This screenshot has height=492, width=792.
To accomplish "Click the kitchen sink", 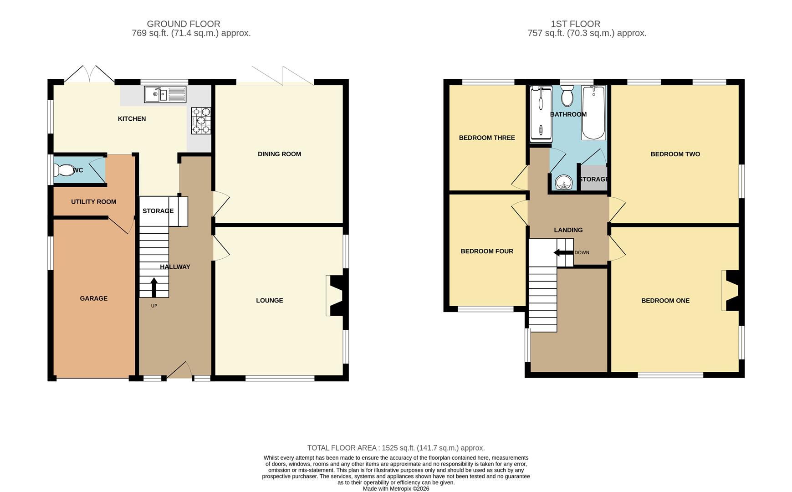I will point(165,94).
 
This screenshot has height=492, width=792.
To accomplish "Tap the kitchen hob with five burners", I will point(201,121).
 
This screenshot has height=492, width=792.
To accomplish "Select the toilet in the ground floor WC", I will point(62,170).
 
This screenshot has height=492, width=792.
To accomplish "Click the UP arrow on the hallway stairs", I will point(154,287).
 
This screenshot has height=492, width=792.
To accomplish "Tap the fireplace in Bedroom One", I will point(731,291).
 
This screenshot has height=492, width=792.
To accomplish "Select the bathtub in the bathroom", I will point(593,113).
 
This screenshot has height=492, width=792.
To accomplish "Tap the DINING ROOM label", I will point(279,154).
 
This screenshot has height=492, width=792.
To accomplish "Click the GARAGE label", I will point(94,298).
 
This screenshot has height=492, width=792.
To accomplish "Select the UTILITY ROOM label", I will point(94,202).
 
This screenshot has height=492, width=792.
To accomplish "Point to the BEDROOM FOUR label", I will point(487,251).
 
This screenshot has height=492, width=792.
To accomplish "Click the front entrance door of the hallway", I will point(179,371).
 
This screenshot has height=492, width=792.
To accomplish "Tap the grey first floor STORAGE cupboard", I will point(593,179).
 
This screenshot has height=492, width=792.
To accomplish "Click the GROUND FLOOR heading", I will point(184,24).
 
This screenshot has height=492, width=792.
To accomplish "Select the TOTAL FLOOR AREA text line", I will point(396,448).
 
